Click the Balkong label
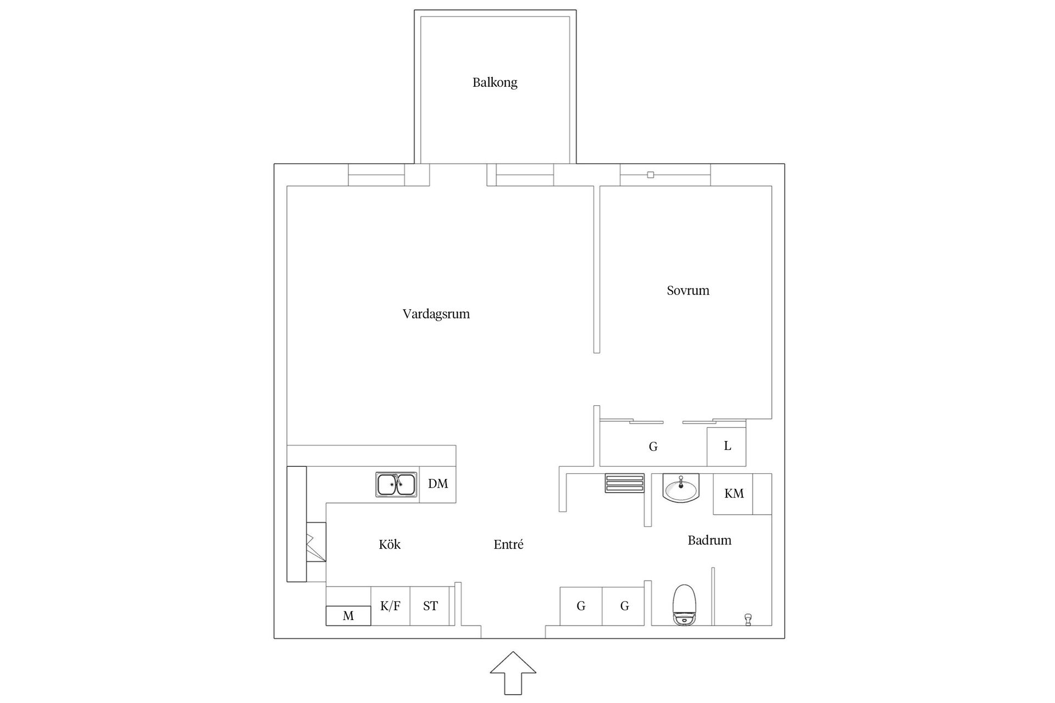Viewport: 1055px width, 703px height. [495, 82]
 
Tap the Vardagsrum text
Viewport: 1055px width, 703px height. [436, 314]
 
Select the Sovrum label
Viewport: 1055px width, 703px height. [688, 291]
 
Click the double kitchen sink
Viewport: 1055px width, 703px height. [396, 484]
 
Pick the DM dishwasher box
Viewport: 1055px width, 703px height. [438, 484]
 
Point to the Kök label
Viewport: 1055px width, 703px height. [390, 544]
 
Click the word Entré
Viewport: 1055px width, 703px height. [508, 544]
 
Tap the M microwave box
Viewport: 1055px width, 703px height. [348, 616]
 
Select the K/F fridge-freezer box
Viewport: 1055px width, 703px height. [390, 606]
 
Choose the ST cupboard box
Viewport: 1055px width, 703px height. [430, 606]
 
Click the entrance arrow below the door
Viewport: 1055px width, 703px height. [513, 672]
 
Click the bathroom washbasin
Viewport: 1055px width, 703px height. [681, 488]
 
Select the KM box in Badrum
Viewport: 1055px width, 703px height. [734, 494]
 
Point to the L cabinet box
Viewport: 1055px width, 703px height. [726, 446]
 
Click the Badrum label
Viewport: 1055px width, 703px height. [709, 540]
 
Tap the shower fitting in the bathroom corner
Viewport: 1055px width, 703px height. [747, 620]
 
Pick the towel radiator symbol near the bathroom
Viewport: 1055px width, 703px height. [625, 483]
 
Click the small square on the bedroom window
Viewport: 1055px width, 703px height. [650, 175]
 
